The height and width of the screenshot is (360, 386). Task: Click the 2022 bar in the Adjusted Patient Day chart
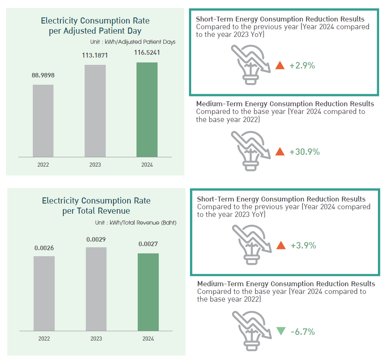tap(43, 120)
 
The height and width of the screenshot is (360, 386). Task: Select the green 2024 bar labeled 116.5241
tap(147, 109)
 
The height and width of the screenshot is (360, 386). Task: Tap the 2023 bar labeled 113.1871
tap(95, 111)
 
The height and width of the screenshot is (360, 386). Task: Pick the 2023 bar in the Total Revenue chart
tap(96, 289)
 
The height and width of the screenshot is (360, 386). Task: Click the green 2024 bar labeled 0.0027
tap(148, 292)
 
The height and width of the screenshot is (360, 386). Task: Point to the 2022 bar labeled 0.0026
tap(44, 293)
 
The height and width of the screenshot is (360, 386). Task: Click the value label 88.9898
tap(43, 75)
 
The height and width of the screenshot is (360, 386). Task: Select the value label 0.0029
tap(96, 240)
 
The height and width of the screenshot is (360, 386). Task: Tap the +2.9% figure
tap(302, 65)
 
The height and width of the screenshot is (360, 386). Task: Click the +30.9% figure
tap(305, 152)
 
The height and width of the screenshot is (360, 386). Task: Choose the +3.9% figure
tap(303, 245)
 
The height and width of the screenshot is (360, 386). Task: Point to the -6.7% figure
tap(303, 332)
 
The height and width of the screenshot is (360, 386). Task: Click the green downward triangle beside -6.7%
tap(281, 331)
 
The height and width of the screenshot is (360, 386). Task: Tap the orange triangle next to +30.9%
tap(280, 152)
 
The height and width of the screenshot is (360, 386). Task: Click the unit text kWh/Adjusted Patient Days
tap(132, 42)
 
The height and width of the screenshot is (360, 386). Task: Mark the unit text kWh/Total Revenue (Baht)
tap(136, 223)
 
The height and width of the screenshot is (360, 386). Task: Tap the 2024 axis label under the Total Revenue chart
tap(148, 339)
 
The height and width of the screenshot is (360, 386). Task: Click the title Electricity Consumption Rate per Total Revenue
tap(96, 206)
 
